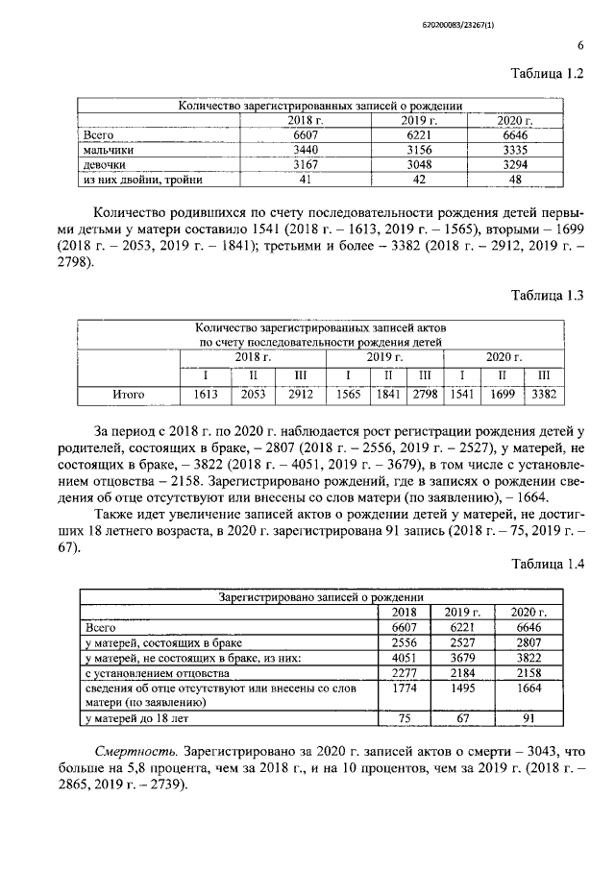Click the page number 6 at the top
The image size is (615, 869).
580,45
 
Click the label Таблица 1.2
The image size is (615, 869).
549,75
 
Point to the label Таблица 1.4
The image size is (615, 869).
549,564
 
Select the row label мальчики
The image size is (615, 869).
109,151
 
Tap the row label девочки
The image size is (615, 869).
106,165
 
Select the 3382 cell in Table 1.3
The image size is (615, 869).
545,394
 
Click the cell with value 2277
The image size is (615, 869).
404,672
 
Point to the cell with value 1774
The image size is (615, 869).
404,688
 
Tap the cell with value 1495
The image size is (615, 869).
462,688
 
